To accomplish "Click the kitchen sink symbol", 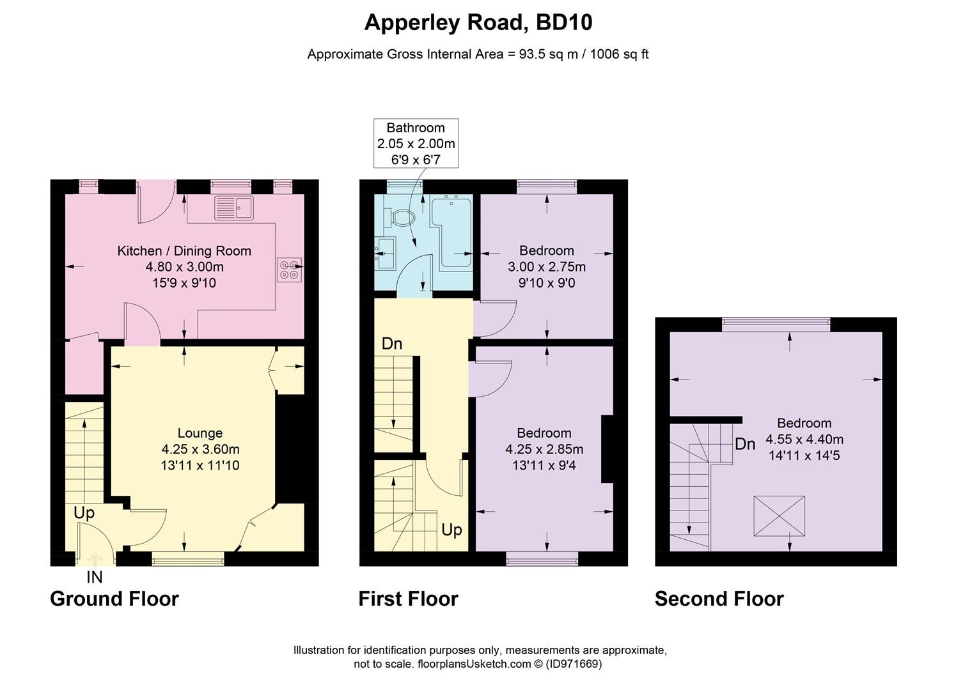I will point(234,208).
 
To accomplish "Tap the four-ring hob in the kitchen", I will point(289,270).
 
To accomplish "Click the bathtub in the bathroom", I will point(451,231).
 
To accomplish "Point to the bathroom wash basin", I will point(385,253).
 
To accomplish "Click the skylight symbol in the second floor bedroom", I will point(779,516).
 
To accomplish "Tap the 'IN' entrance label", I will point(94,578).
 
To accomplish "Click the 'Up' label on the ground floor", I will point(84,512).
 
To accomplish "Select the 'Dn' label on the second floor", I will point(745,443).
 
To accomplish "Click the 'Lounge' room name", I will point(200,433).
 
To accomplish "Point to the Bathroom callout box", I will point(416,143).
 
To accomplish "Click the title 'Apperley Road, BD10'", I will point(478,22).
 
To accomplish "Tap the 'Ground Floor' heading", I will point(114,599).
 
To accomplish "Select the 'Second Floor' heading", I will point(719,599).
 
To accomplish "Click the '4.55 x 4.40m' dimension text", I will point(804,440).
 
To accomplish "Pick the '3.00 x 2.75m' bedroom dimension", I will point(546,266).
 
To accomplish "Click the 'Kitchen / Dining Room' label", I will point(184,250).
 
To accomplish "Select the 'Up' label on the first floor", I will point(451,530).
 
